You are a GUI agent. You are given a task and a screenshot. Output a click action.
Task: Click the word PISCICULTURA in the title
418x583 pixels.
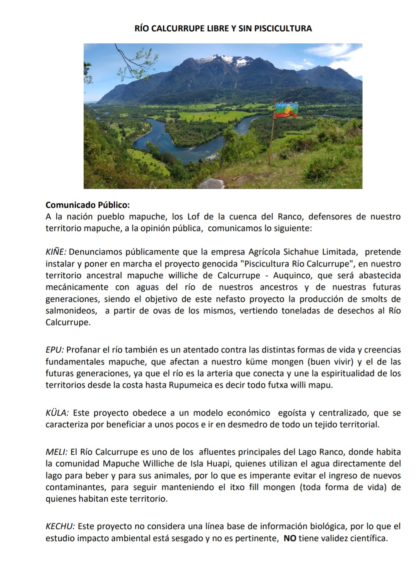click(x=283, y=28)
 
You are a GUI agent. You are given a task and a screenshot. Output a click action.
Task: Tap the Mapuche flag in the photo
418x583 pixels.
click(x=286, y=110)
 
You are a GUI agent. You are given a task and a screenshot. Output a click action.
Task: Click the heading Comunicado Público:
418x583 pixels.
click(x=87, y=204)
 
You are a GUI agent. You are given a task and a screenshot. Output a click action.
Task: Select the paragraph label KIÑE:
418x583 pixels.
click(x=56, y=252)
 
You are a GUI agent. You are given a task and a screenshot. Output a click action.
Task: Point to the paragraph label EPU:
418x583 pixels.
click(x=55, y=350)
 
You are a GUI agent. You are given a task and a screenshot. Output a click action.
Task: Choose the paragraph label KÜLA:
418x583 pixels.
click(x=57, y=413)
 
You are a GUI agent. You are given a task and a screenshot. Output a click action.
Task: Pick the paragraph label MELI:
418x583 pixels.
click(x=57, y=452)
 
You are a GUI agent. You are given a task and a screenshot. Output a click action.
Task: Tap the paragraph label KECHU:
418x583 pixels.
click(x=60, y=526)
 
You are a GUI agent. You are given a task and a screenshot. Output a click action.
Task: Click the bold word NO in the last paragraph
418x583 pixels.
click(x=290, y=538)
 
